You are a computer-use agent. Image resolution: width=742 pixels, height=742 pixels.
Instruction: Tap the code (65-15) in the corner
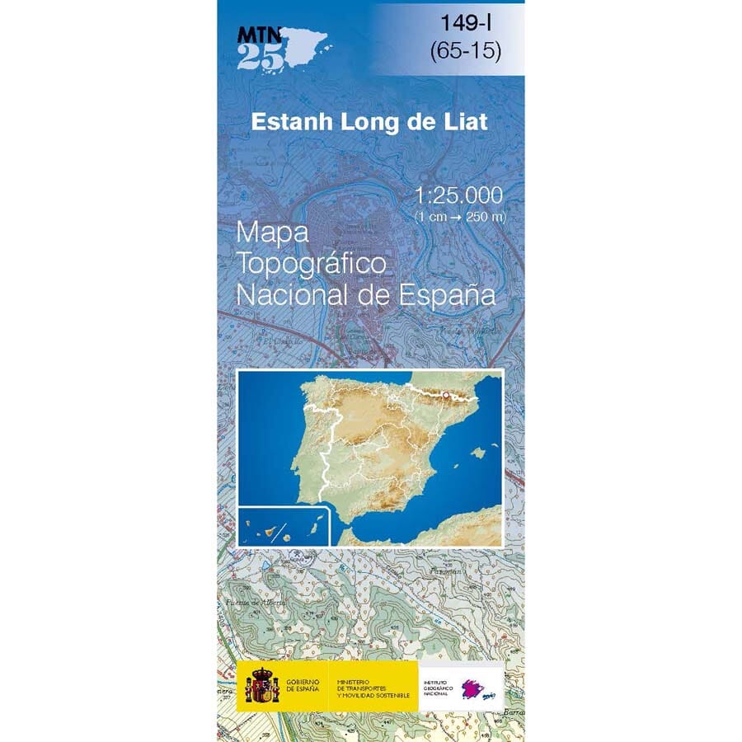465,50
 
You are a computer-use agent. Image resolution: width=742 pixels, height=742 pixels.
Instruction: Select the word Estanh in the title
289,122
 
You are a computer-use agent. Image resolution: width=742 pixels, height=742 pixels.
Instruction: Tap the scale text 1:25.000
459,195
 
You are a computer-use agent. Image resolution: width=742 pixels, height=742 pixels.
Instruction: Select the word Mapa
272,233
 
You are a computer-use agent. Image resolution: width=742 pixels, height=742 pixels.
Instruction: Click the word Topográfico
312,264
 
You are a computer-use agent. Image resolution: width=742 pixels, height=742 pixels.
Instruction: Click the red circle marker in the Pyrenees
445,396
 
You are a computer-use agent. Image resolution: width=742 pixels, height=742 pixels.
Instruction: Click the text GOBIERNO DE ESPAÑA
303,684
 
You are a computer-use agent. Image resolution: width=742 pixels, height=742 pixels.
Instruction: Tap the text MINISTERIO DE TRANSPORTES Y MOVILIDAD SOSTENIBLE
372,684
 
